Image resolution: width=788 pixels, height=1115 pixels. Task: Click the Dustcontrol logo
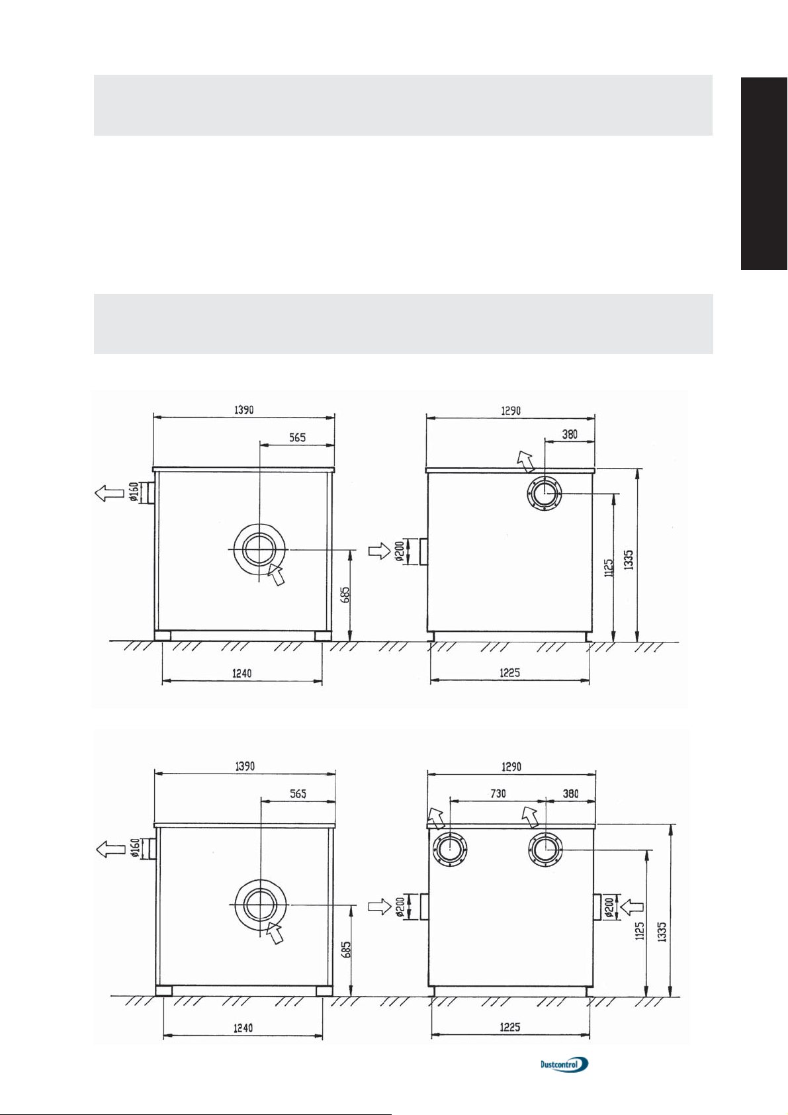click(x=564, y=1064)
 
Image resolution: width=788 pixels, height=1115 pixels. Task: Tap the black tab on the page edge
click(x=764, y=173)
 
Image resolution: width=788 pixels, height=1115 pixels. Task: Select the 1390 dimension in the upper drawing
click(x=244, y=410)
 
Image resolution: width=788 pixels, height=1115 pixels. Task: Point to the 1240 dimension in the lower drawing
click(x=243, y=1028)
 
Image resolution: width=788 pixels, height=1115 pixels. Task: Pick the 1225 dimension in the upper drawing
click(x=509, y=673)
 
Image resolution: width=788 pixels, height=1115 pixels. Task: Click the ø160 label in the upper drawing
click(x=134, y=491)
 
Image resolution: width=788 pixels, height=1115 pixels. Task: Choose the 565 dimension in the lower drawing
click(x=298, y=793)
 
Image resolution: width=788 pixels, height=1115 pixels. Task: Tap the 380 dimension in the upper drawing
click(x=570, y=434)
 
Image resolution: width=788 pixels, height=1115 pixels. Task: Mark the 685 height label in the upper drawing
click(x=345, y=594)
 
